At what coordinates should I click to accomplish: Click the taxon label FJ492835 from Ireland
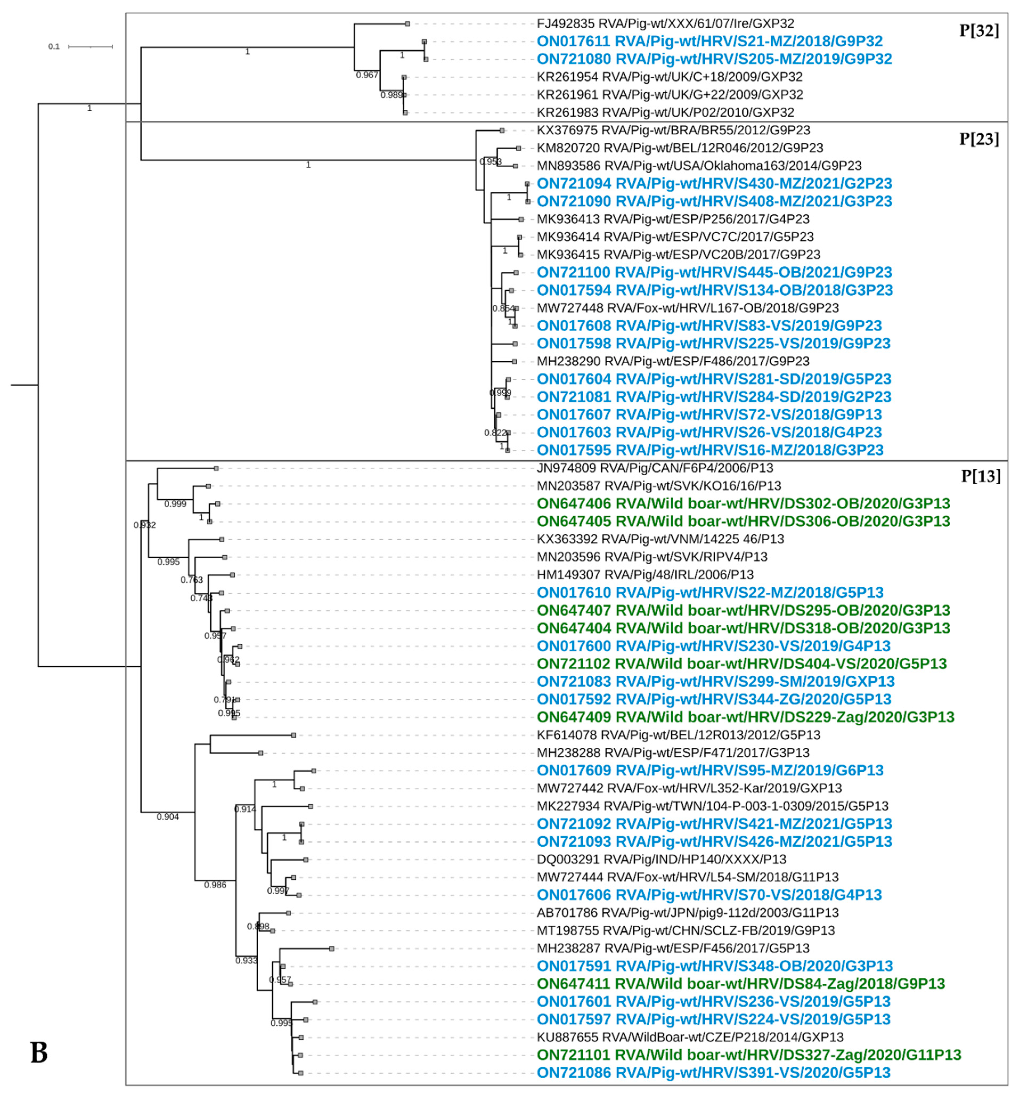[x=665, y=24]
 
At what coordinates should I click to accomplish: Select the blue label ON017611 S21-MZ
[x=709, y=42]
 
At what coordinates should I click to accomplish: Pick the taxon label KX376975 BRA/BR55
[x=673, y=131]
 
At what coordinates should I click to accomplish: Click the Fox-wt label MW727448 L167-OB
[x=687, y=308]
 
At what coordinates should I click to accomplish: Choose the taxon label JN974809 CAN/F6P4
[x=654, y=468]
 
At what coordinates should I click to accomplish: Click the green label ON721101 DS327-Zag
[x=749, y=1055]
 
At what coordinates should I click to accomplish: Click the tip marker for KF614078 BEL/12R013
[x=294, y=735]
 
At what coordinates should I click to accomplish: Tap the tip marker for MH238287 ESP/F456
[x=332, y=949]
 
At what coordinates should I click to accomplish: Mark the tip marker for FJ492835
[x=407, y=24]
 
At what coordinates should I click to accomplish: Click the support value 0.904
[x=168, y=817]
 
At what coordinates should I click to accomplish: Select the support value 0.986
[x=215, y=885]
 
